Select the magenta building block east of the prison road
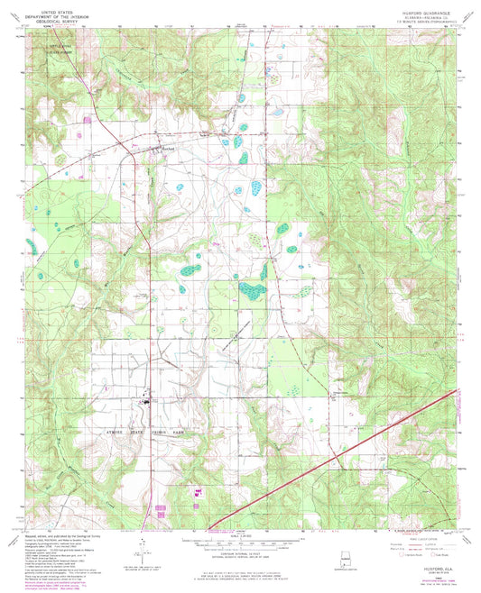tap(191, 490)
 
